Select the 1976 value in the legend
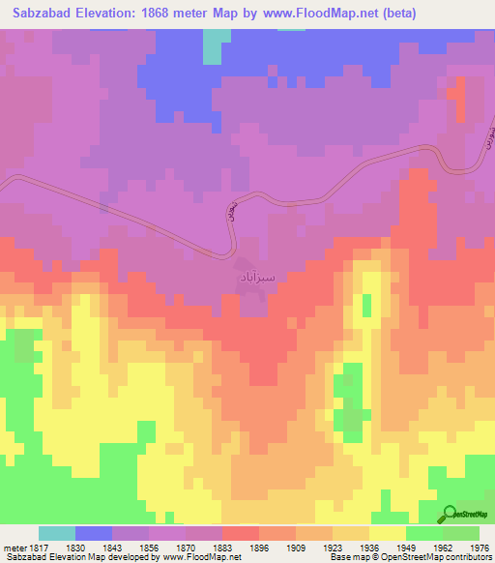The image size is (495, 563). point(466,547)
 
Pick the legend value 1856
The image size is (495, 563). point(131,547)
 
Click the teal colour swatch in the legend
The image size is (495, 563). point(57,533)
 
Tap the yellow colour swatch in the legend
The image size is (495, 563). point(388,533)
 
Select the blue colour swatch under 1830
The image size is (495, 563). point(94,533)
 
